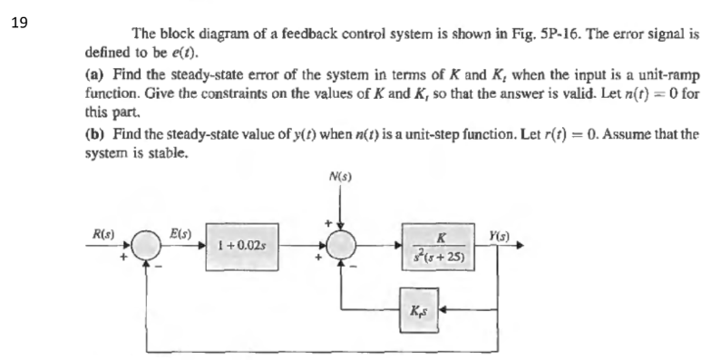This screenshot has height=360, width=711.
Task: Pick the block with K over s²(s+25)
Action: pos(440,247)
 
